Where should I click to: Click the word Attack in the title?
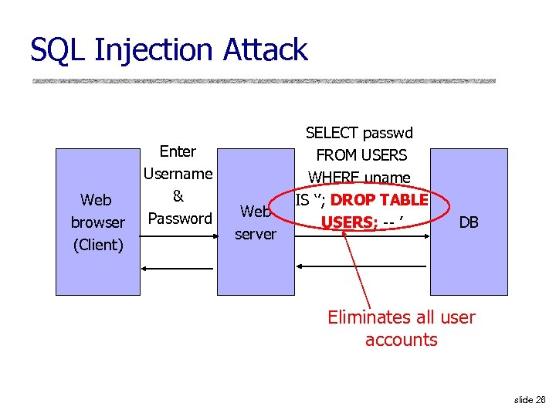point(265,50)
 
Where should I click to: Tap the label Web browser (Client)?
point(97,222)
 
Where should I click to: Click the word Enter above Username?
point(178,151)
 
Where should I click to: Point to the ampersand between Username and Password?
point(178,196)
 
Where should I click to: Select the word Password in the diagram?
point(180,219)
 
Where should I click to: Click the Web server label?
point(256,222)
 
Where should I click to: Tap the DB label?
point(469,222)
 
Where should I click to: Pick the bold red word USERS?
point(348,222)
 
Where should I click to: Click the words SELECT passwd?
point(359,133)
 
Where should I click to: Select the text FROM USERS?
point(361,155)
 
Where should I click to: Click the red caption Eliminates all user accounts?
point(402,328)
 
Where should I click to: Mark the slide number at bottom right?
point(529,399)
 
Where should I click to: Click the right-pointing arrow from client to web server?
point(178,239)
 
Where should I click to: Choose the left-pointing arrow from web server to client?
point(178,270)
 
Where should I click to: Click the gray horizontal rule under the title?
point(263,80)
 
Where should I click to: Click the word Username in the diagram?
point(178,174)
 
